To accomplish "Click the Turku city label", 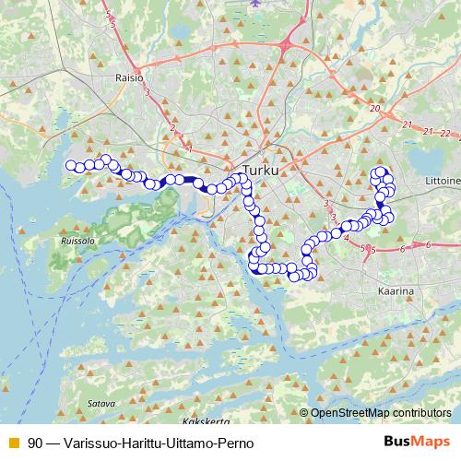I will pos(259,171).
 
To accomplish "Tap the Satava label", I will pos(100,403).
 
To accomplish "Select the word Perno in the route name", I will pos(235,443).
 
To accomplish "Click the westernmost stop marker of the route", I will pos(70,166).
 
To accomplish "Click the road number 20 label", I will pos(374,109).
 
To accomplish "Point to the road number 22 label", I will pos(445,134).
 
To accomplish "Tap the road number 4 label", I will pos(346,238).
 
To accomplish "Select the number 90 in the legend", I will pos(35,443).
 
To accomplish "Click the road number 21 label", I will pos(407,124).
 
